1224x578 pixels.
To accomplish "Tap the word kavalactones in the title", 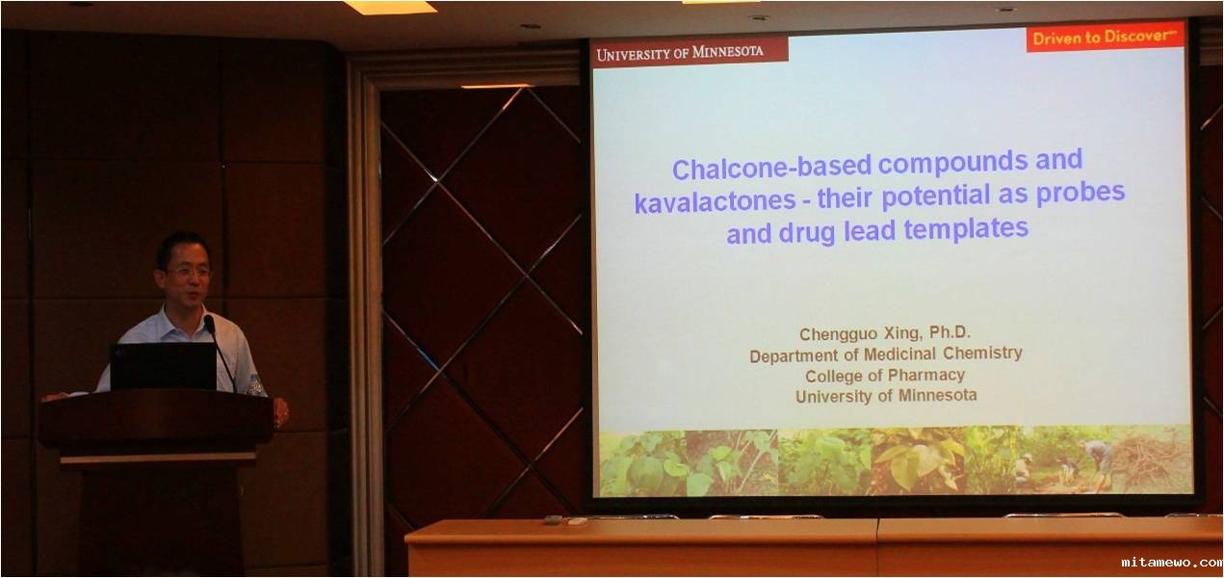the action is coord(715,202).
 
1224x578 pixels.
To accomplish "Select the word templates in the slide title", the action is coord(966,229).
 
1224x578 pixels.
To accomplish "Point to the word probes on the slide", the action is coord(1081,194).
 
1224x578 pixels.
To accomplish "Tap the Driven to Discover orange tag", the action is coord(1105,38).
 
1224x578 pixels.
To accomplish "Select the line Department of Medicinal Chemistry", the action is coord(886,355).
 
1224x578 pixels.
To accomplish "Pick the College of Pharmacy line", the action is coord(885,376).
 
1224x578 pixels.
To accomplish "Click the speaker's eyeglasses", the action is coord(189,272).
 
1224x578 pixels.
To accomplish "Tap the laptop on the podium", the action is coord(164,366).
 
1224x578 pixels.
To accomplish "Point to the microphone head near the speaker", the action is coord(209,325).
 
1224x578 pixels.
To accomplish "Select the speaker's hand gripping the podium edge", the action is coord(281,411).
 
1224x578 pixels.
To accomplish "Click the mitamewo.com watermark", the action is coord(1171,563).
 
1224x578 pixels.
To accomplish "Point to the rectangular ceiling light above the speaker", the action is coord(391,7).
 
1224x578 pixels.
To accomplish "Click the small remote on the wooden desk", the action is coord(553,519).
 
